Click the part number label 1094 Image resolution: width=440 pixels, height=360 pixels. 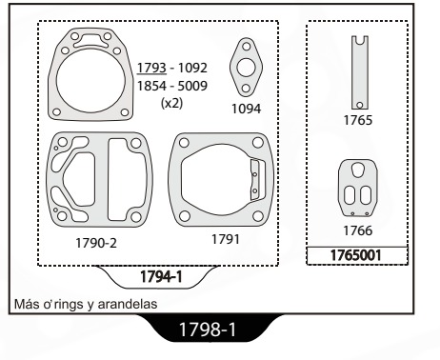coord(247,109)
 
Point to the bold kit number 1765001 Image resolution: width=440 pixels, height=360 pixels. coord(355,255)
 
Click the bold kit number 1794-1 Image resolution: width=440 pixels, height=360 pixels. coord(161,276)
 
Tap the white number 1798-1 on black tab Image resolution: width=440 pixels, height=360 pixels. coord(208,330)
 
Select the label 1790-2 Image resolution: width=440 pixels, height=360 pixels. coord(96,243)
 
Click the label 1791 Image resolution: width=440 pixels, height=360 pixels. coord(226,239)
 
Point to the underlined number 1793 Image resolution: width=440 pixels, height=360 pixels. coord(151,68)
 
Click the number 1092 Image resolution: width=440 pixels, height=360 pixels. coord(192,68)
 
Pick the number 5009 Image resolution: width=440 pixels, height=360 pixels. coord(192,86)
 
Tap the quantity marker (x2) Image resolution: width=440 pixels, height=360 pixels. coord(171,103)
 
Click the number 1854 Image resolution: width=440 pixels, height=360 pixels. coord(151,86)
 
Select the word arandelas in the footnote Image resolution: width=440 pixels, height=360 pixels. coord(128,304)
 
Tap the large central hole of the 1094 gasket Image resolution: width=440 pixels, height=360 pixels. coord(246,68)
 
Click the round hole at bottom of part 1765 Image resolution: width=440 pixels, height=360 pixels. coord(360,105)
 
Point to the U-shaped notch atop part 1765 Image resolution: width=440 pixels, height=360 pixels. coord(360,40)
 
